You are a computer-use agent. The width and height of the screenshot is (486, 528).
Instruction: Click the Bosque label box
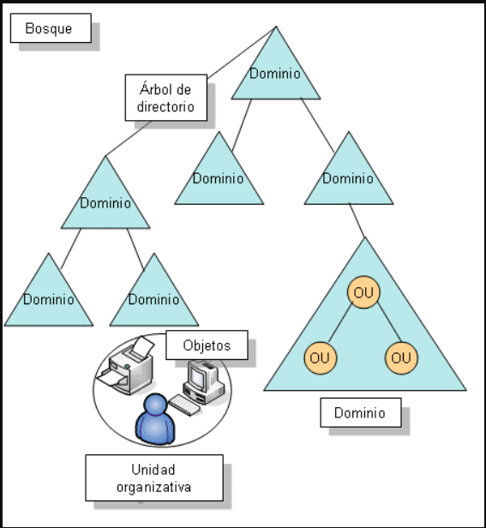(50, 28)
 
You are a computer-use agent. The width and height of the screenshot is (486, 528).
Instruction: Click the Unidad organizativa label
(153, 478)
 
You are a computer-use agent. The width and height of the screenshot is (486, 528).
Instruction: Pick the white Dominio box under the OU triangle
(359, 412)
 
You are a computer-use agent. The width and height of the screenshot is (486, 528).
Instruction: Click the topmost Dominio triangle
(275, 72)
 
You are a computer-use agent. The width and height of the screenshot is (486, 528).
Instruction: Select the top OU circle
(363, 293)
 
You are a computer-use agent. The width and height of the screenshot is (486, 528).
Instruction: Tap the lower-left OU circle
(319, 357)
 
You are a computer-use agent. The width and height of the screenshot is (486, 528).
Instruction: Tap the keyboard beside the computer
(184, 403)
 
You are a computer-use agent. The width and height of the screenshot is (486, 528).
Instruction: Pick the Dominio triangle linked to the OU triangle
(348, 177)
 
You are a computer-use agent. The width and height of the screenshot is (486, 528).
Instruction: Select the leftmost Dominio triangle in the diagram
(48, 298)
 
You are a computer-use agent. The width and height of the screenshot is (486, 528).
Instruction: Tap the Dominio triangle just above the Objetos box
(153, 298)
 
